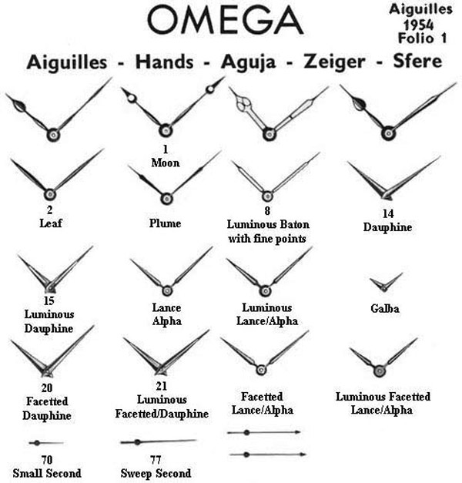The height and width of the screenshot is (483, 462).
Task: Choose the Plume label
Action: click(x=167, y=224)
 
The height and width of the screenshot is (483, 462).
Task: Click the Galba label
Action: click(x=386, y=309)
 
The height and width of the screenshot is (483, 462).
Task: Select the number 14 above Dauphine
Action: click(x=389, y=213)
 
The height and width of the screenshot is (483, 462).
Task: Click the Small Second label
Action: click(x=48, y=472)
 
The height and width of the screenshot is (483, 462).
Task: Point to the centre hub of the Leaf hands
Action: click(x=49, y=194)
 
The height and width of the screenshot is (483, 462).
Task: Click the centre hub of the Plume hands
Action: click(x=167, y=198)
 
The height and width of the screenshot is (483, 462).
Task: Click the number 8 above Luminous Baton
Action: click(x=266, y=210)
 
